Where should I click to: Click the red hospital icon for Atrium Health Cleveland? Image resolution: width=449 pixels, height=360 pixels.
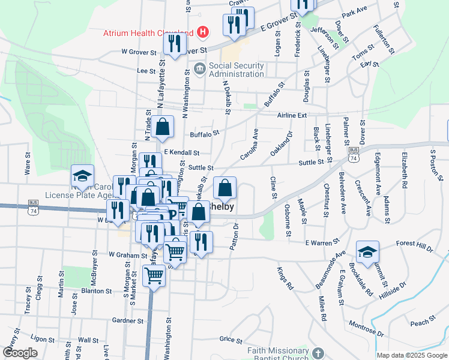[x=203, y=32]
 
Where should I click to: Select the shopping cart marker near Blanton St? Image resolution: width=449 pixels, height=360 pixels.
[x=154, y=275]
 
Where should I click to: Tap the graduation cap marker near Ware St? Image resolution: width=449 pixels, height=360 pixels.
[x=82, y=175]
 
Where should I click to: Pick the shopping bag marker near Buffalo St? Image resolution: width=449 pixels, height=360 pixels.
[x=162, y=127]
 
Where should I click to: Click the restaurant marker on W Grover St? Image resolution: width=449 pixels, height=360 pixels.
[x=175, y=43]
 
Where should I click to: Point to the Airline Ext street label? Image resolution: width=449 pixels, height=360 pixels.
[x=292, y=115]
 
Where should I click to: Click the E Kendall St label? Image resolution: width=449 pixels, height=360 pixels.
[x=181, y=153]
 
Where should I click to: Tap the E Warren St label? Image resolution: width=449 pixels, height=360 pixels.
[x=319, y=243]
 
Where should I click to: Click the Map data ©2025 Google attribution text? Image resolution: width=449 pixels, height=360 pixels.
[x=411, y=355]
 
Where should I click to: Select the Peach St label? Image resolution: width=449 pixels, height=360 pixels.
[x=420, y=323]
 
